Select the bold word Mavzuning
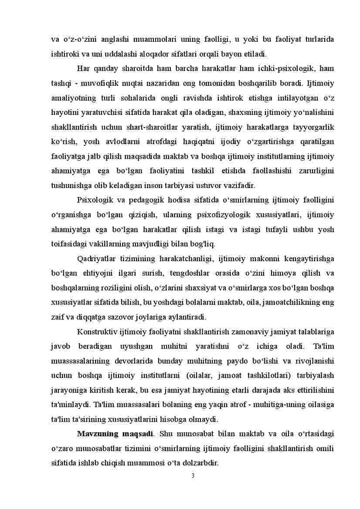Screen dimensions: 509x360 [96, 434]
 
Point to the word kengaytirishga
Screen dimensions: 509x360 [309, 259]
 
